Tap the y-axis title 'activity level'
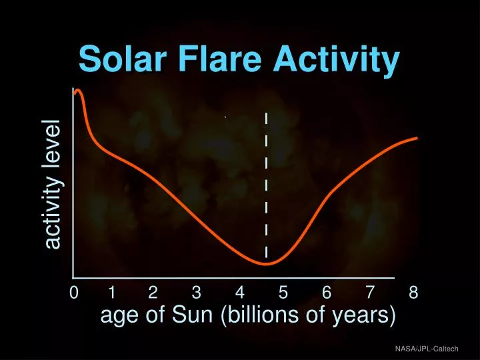53,185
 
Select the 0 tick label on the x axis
73,293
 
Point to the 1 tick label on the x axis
112,293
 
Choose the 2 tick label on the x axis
153,293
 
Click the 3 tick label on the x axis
196,293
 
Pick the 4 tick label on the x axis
239,293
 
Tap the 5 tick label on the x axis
283,293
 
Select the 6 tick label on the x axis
327,293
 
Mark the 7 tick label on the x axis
370,293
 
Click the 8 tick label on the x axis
413,293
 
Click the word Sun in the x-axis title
198,315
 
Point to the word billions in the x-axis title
265,315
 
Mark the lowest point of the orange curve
266,264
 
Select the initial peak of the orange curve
78,90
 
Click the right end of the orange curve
417,138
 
